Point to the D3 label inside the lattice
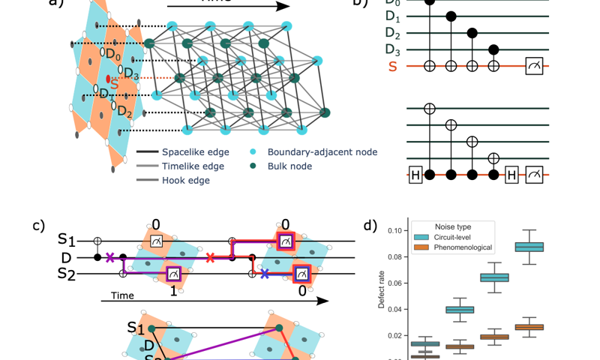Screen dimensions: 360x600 coord(130,73)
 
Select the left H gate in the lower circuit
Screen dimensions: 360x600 coord(415,176)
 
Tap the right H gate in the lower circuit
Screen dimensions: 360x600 coord(512,176)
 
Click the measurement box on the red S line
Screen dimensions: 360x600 coord(534,67)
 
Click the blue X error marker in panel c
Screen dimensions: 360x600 coord(264,274)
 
